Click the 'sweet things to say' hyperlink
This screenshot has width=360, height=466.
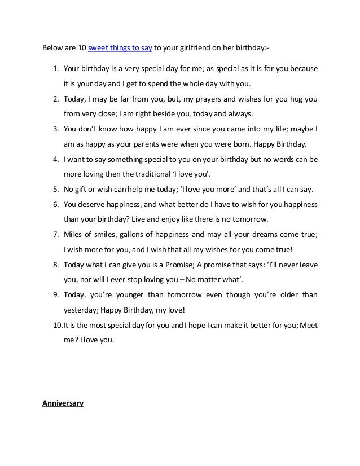pos(119,48)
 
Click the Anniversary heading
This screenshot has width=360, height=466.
pos(63,403)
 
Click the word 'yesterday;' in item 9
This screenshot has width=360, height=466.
pos(83,310)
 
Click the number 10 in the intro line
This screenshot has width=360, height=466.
pos(82,48)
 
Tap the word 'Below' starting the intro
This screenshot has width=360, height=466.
pos(53,48)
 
